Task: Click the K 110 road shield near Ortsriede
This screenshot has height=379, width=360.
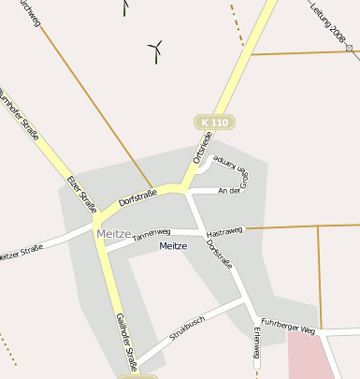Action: point(214,123)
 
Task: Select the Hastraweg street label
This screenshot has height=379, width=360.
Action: point(224,229)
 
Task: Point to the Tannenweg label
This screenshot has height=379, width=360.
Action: point(151,234)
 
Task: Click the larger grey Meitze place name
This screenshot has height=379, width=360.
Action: point(113,233)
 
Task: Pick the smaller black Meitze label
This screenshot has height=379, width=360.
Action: point(173,246)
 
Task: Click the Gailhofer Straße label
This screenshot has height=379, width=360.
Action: point(125,341)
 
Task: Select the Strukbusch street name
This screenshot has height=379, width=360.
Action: point(187,327)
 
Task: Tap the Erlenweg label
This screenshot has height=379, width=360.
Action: point(257,348)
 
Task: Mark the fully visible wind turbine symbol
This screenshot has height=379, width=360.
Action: point(156,50)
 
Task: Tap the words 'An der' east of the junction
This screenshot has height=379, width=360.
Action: point(229,191)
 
